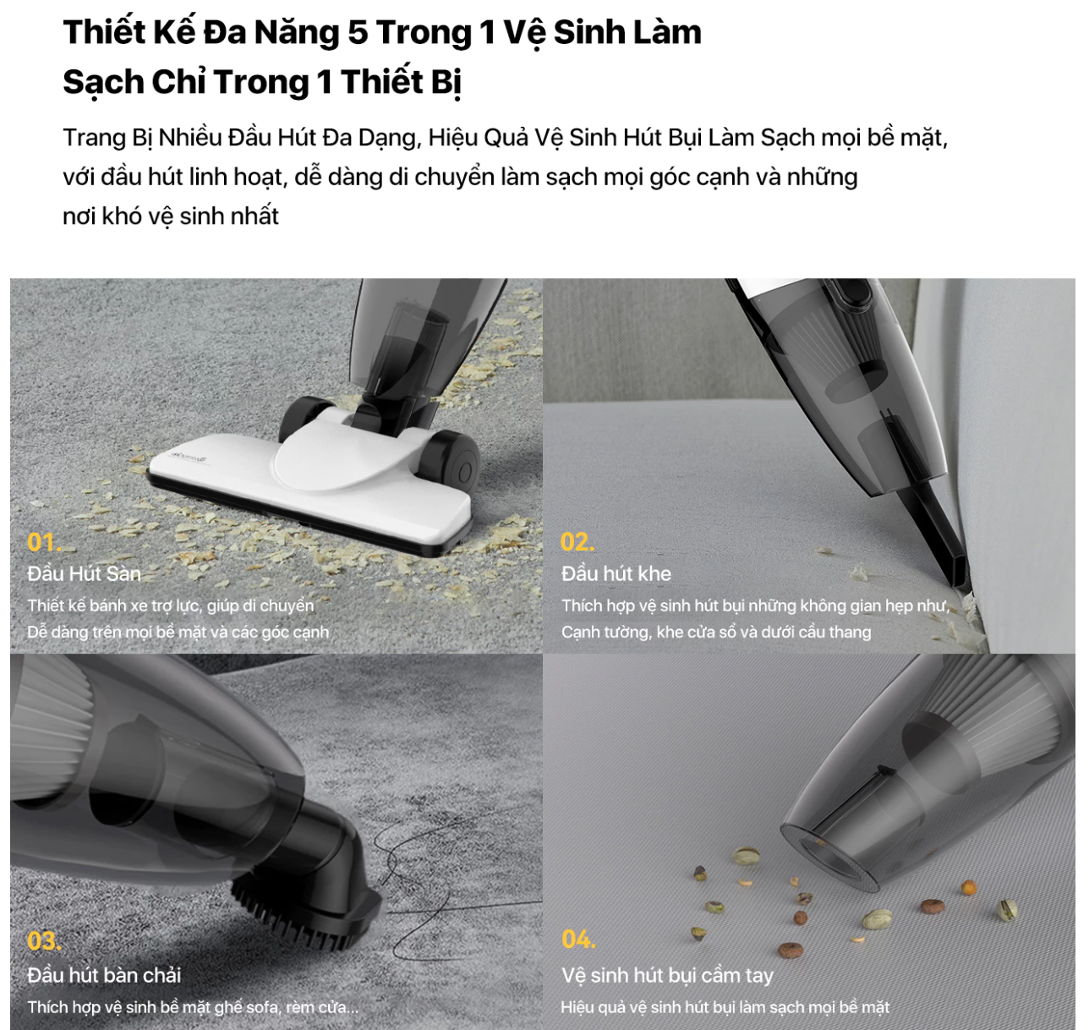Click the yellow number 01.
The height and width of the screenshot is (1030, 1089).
click(44, 542)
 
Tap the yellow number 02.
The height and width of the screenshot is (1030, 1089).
click(577, 542)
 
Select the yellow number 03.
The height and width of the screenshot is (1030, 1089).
click(44, 941)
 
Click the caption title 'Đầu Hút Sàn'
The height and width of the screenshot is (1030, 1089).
click(85, 573)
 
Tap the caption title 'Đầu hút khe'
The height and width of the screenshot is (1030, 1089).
click(616, 573)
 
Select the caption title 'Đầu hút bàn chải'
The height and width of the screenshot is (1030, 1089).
click(104, 975)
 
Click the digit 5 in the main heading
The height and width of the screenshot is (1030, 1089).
click(358, 32)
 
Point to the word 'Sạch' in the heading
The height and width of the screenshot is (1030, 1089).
click(103, 83)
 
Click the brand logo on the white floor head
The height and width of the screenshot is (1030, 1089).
click(187, 457)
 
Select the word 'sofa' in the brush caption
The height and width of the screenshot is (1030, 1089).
click(261, 1006)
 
